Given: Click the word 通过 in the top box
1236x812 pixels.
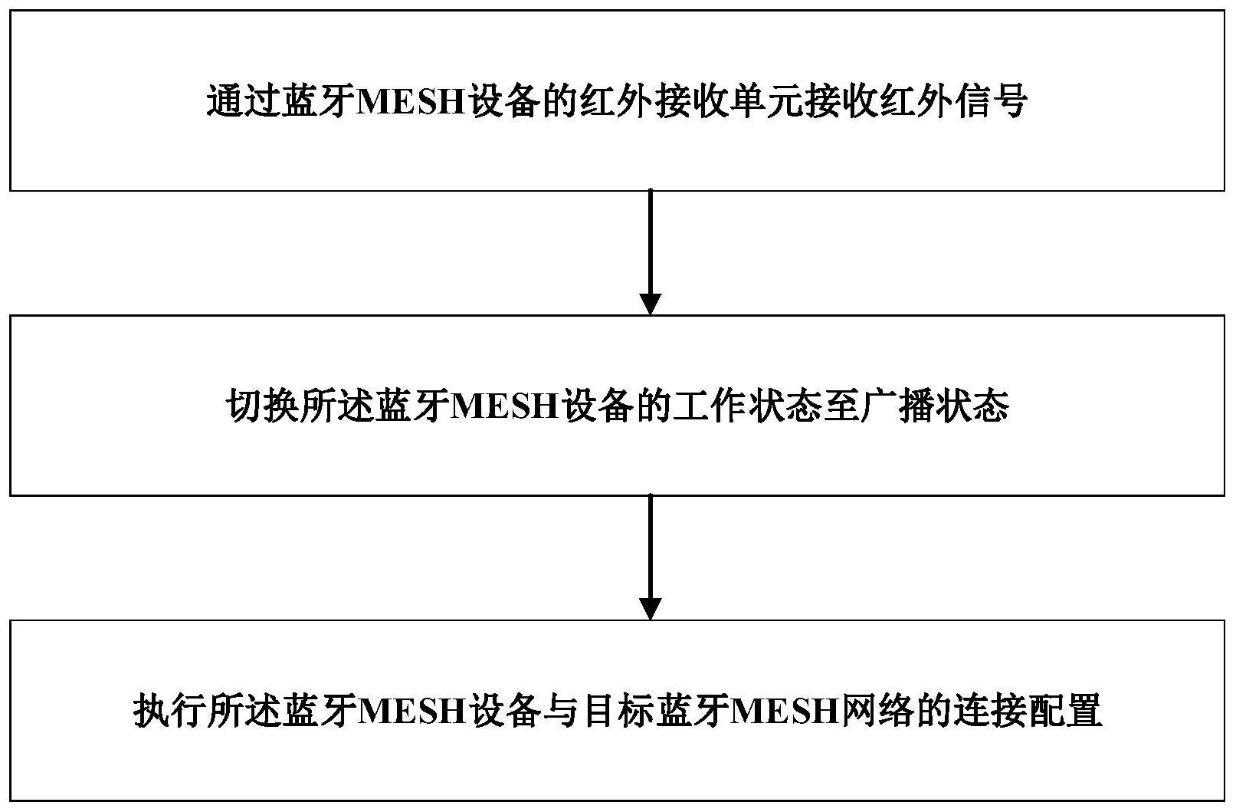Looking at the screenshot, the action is click(244, 101).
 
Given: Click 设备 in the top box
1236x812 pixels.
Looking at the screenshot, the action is click(503, 101).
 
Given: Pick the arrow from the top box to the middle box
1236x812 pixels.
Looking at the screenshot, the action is click(650, 252).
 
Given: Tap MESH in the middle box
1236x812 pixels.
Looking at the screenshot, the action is click(504, 407).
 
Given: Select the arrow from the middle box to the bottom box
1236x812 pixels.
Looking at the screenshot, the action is click(650, 557).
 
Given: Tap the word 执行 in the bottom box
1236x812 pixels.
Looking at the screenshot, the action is click(170, 711).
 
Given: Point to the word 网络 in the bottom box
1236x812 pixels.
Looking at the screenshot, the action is click(877, 711).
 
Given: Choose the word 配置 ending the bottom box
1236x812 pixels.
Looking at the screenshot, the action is click(1064, 711).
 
